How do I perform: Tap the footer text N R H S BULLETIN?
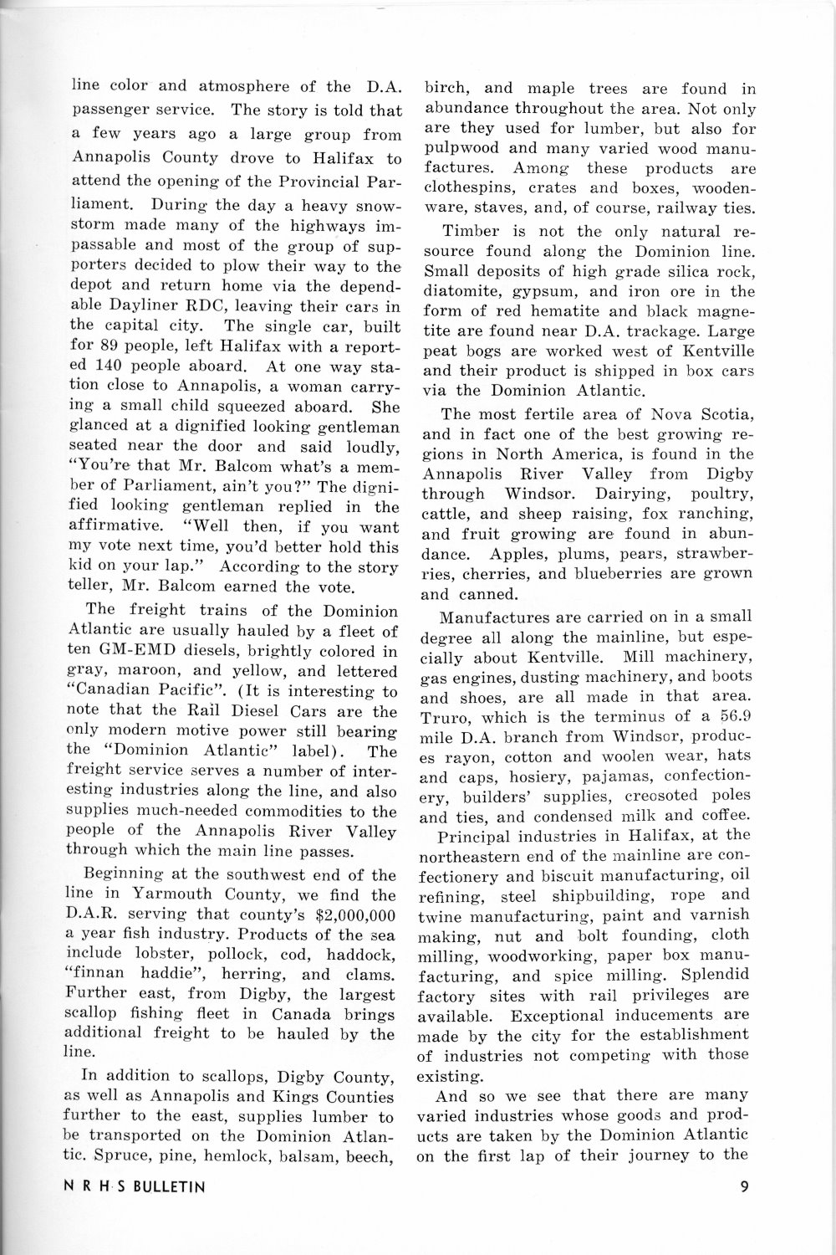click(x=140, y=1186)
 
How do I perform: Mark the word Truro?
click(x=447, y=717)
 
